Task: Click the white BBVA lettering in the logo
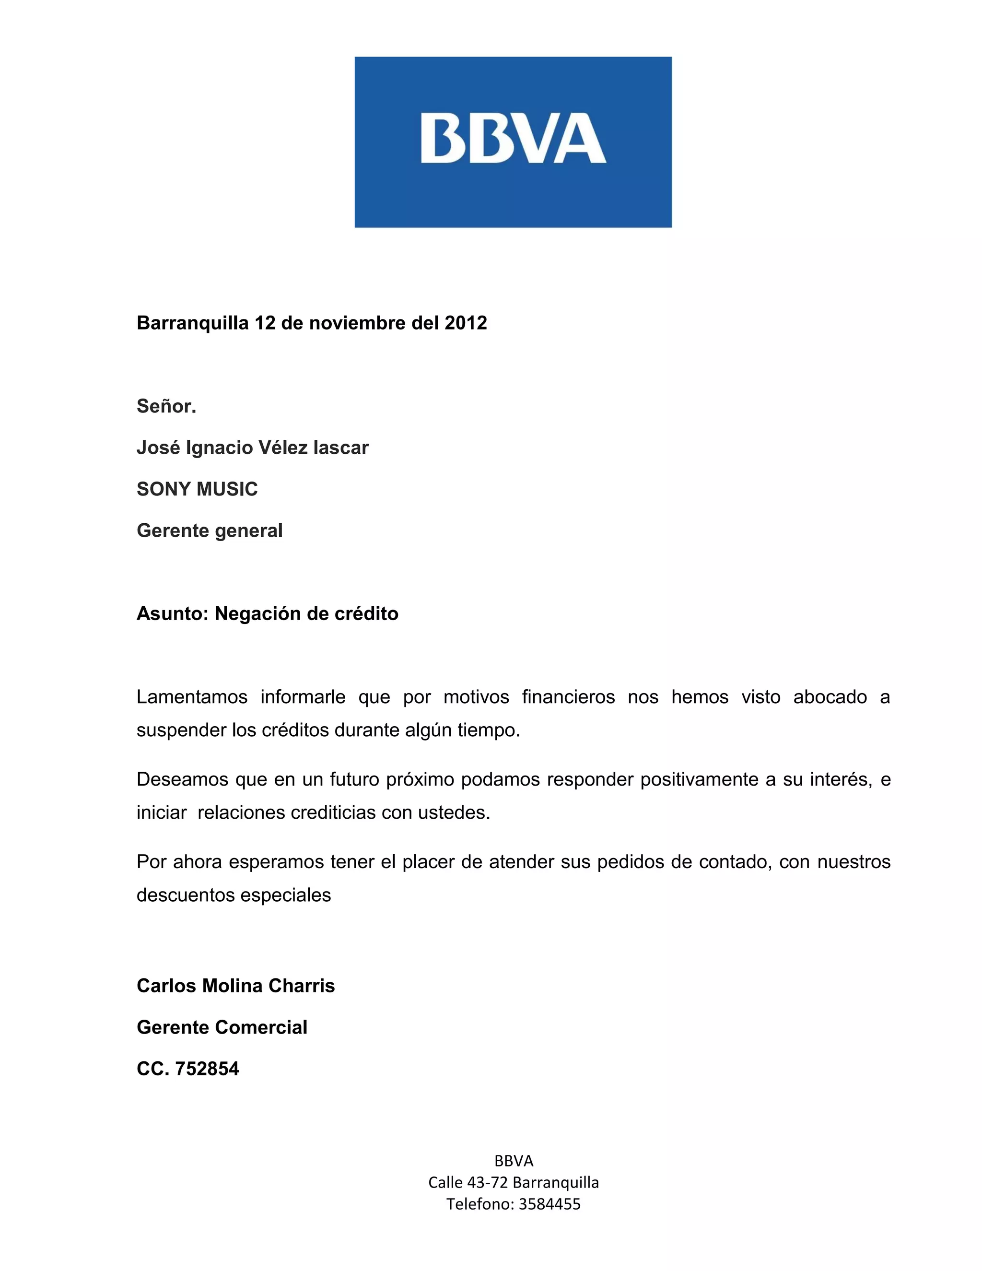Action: pyautogui.click(x=513, y=139)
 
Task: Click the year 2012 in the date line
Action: pyautogui.click(x=466, y=323)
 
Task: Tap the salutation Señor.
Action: pyautogui.click(x=166, y=406)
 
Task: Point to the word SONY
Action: pyautogui.click(x=161, y=489)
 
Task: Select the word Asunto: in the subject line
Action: pyautogui.click(x=172, y=613)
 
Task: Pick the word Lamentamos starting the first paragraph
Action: pyautogui.click(x=192, y=696)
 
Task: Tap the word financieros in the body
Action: pyautogui.click(x=568, y=696)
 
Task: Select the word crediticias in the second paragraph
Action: pyautogui.click(x=333, y=812)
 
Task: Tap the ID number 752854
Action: pyautogui.click(x=207, y=1069)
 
